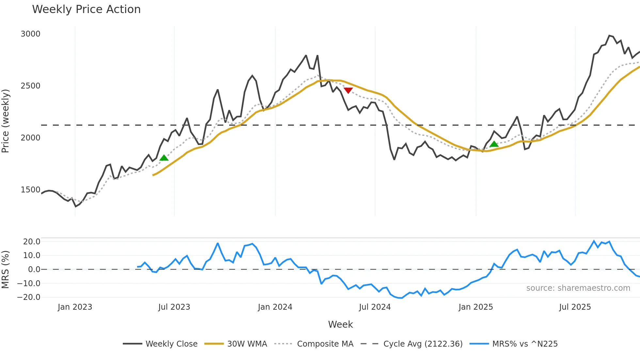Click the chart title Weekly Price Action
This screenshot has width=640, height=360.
tap(86, 9)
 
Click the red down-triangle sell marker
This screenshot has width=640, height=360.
tap(348, 90)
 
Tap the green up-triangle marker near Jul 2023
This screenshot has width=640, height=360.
tap(164, 158)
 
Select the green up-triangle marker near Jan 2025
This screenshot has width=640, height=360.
tap(494, 144)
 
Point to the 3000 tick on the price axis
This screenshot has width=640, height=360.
tap(30, 34)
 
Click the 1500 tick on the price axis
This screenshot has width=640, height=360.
tap(30, 190)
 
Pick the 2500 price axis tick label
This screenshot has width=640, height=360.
tap(30, 86)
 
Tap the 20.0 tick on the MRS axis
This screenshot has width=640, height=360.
tap(31, 242)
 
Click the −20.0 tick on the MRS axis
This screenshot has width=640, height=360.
tap(29, 297)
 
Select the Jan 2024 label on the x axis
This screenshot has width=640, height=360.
tap(275, 307)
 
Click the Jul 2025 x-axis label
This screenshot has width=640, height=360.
tap(575, 307)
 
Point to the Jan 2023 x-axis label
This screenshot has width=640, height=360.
tap(75, 307)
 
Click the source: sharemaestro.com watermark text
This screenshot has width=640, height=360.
tap(578, 288)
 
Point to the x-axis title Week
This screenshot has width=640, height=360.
tap(340, 324)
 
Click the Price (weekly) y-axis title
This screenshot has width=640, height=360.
tap(6, 121)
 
